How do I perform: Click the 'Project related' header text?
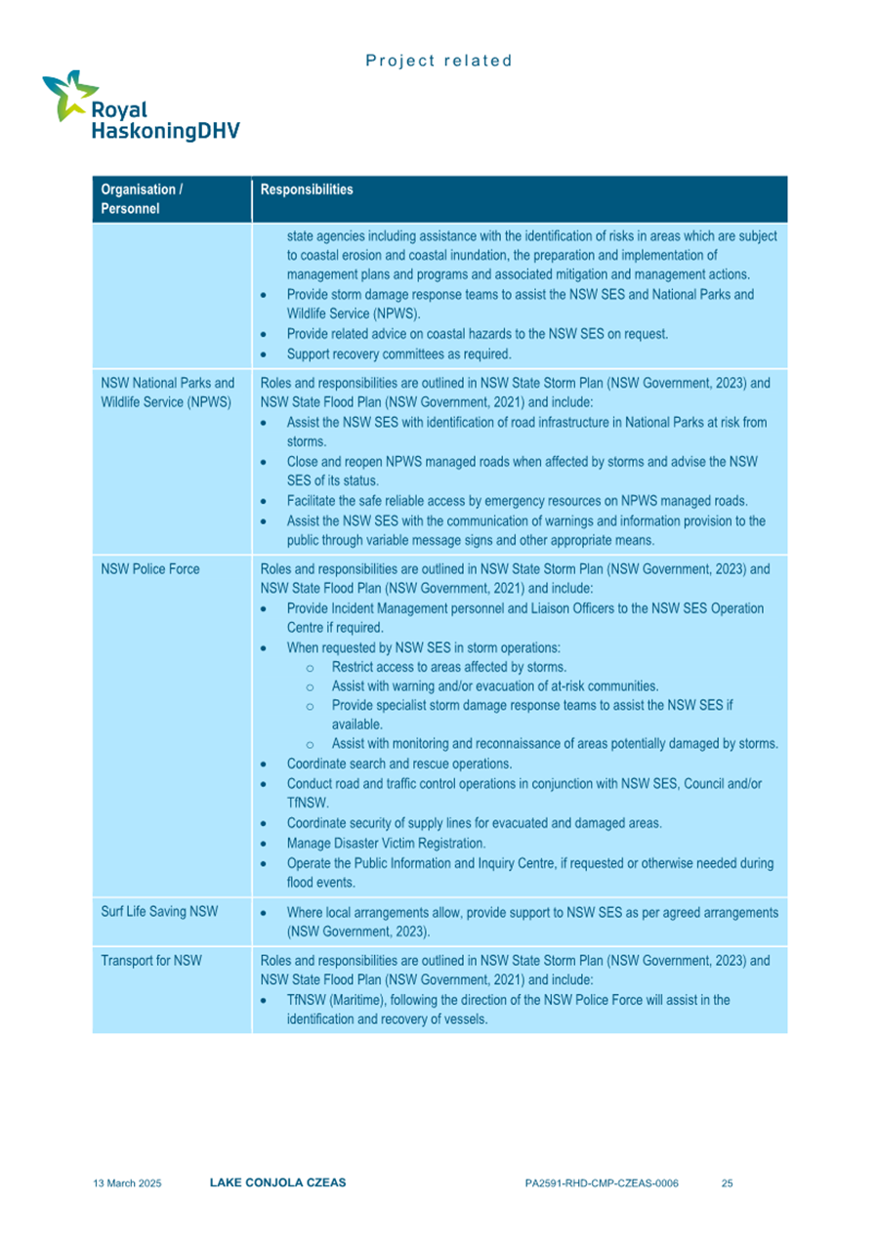439,61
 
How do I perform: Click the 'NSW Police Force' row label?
150,569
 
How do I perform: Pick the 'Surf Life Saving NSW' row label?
159,912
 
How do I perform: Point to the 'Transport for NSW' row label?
151,961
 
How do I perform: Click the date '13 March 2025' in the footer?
127,1183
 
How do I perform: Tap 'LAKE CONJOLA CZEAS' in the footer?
277,1182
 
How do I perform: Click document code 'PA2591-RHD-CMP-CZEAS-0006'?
601,1183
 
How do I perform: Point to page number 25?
727,1183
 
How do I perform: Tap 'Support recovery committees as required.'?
393,353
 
